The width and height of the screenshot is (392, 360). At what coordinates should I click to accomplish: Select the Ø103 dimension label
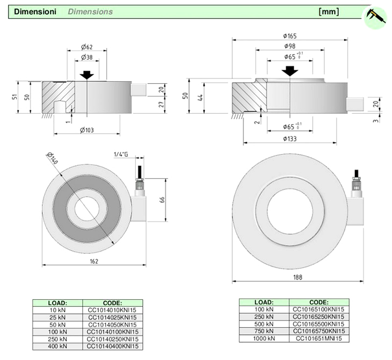point(86,130)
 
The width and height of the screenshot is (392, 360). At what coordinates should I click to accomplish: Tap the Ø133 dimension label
point(289,139)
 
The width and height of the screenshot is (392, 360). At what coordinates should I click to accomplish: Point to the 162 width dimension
point(93,261)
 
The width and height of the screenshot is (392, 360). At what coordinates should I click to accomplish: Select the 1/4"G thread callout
point(121,155)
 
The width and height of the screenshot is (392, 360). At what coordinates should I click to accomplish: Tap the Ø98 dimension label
point(289,46)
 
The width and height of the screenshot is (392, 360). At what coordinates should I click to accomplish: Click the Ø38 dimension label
point(86,57)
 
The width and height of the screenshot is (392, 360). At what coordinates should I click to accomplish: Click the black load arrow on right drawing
point(290,70)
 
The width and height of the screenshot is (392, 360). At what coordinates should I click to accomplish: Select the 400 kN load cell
point(57,347)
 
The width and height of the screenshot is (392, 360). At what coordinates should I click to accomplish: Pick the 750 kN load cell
point(264,331)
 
